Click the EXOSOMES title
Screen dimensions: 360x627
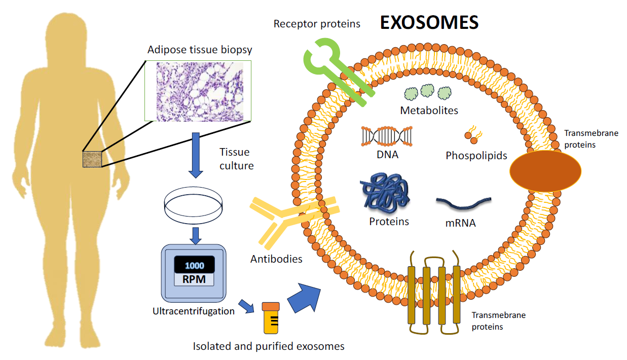pyautogui.click(x=429, y=22)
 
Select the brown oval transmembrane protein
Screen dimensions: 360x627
pyautogui.click(x=545, y=171)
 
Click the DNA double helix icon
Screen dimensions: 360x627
pyautogui.click(x=386, y=136)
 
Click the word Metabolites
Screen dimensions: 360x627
pyautogui.click(x=429, y=110)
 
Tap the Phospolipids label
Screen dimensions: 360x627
pyautogui.click(x=476, y=156)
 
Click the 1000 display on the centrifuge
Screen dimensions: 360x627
pyautogui.click(x=194, y=265)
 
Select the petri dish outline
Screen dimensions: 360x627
pyautogui.click(x=193, y=204)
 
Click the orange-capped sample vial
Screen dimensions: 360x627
pyautogui.click(x=271, y=318)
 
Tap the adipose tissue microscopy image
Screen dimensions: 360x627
pyautogui.click(x=198, y=91)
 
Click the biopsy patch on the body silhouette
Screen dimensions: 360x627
pyautogui.click(x=92, y=159)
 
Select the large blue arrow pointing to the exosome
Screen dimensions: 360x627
pyautogui.click(x=305, y=298)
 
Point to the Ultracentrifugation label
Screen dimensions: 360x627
pyautogui.click(x=193, y=311)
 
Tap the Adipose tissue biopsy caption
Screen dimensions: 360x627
pyautogui.click(x=200, y=50)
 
